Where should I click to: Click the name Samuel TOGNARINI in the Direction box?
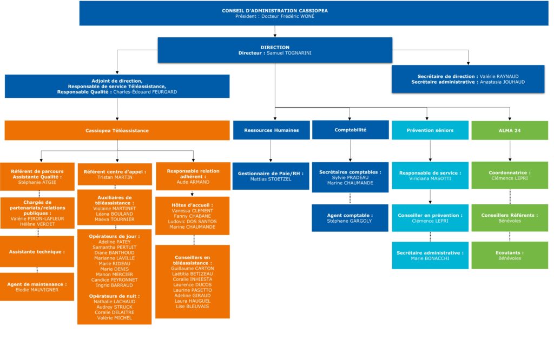click(x=289, y=53)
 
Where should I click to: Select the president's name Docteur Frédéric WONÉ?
click(x=288, y=16)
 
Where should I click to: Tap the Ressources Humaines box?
click(x=272, y=130)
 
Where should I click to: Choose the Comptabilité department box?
click(x=351, y=130)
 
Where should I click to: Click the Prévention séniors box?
click(x=430, y=130)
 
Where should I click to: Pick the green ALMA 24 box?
click(x=510, y=131)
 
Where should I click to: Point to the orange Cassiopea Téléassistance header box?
click(x=117, y=131)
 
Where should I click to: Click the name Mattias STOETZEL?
click(x=271, y=179)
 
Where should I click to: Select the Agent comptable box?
click(x=350, y=218)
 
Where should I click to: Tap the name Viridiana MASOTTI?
click(x=430, y=178)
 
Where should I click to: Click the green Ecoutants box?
click(x=510, y=255)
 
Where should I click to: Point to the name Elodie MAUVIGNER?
click(x=37, y=290)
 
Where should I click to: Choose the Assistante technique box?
click(x=37, y=251)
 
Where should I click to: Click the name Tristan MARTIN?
click(x=115, y=177)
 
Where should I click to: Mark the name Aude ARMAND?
click(x=193, y=182)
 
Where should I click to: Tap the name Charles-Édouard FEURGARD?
click(x=145, y=92)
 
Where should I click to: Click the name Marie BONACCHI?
click(x=430, y=258)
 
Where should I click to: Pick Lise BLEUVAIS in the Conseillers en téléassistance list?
click(x=192, y=306)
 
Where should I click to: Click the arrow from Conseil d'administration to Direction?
click(x=275, y=31)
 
